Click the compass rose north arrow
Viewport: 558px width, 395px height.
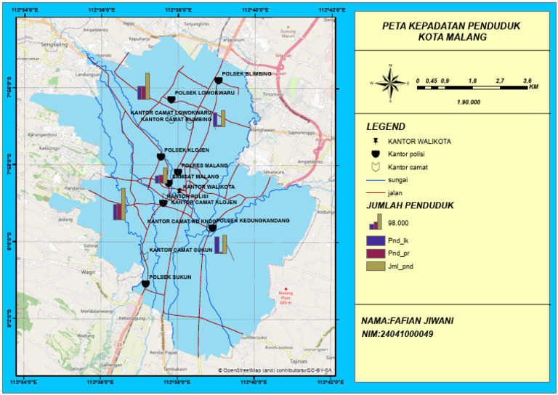(x=390, y=82)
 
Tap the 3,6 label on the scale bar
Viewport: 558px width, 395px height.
(x=528, y=81)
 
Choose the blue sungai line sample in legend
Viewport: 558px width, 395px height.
(x=375, y=179)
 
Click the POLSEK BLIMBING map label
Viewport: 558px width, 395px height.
(x=247, y=74)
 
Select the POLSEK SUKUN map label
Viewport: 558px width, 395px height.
(x=171, y=277)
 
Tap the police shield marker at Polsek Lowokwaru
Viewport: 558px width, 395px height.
(x=171, y=99)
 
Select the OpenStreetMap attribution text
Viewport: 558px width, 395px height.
(x=276, y=370)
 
